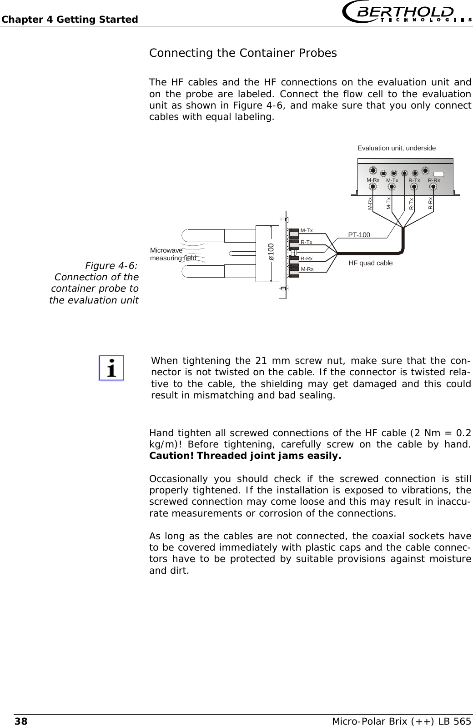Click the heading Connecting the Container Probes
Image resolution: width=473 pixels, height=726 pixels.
pyautogui.click(x=243, y=53)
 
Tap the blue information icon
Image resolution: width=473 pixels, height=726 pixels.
pyautogui.click(x=111, y=368)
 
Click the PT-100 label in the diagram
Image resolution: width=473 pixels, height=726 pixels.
pyautogui.click(x=359, y=235)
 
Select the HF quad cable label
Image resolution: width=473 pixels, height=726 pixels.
pyautogui.click(x=370, y=263)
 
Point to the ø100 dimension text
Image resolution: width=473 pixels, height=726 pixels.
pyautogui.click(x=271, y=252)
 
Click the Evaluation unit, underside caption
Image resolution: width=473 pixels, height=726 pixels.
pyautogui.click(x=396, y=148)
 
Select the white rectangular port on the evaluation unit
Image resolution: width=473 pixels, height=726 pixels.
pyautogui.click(x=438, y=174)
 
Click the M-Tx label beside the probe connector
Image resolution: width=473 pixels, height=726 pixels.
pyautogui.click(x=307, y=231)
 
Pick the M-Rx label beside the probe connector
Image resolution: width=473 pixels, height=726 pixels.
pyautogui.click(x=307, y=269)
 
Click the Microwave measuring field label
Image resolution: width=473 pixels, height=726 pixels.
pyautogui.click(x=173, y=254)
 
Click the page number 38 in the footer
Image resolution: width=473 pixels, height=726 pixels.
pyautogui.click(x=21, y=721)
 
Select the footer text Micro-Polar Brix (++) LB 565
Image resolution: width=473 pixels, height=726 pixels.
pyautogui.click(x=401, y=721)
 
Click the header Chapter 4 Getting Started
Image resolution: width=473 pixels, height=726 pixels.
pyautogui.click(x=70, y=20)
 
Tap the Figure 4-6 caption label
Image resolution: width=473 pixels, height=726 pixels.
pyautogui.click(x=111, y=266)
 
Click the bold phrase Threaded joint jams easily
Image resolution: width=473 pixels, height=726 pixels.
pyautogui.click(x=268, y=456)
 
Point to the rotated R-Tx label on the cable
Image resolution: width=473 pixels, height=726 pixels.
pyautogui.click(x=411, y=204)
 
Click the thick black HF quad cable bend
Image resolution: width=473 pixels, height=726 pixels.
pyautogui.click(x=402, y=249)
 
